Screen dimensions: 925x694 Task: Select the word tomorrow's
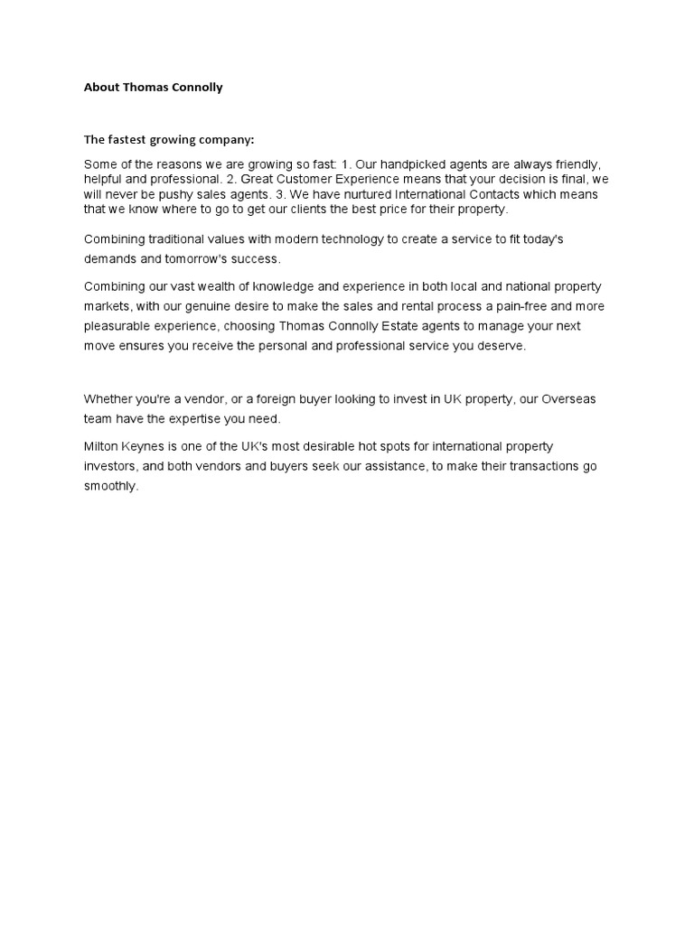coord(202,258)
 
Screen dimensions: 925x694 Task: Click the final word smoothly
coord(111,486)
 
